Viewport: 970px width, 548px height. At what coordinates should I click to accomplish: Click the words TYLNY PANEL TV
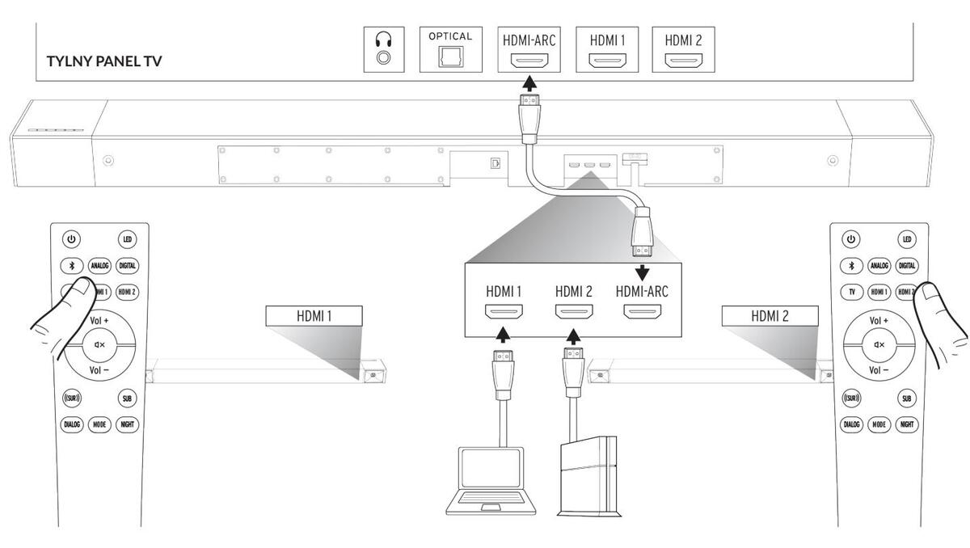(x=104, y=61)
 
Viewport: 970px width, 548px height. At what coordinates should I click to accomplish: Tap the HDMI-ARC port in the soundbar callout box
(x=642, y=310)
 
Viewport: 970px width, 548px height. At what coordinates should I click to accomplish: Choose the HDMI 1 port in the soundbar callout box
(x=503, y=310)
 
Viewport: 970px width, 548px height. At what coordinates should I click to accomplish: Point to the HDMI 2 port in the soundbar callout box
(x=572, y=310)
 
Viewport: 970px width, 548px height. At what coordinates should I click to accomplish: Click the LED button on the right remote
(x=907, y=239)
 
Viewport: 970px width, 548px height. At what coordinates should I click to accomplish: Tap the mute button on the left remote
(x=100, y=345)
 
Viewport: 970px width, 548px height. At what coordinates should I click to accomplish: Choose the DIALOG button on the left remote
(x=73, y=424)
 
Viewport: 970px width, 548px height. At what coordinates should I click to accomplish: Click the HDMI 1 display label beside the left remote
(x=314, y=316)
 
